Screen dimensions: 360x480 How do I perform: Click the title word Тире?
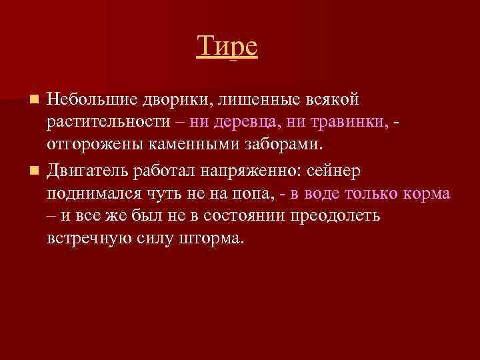pos(227,47)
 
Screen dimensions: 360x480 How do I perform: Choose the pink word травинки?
pos(353,122)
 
